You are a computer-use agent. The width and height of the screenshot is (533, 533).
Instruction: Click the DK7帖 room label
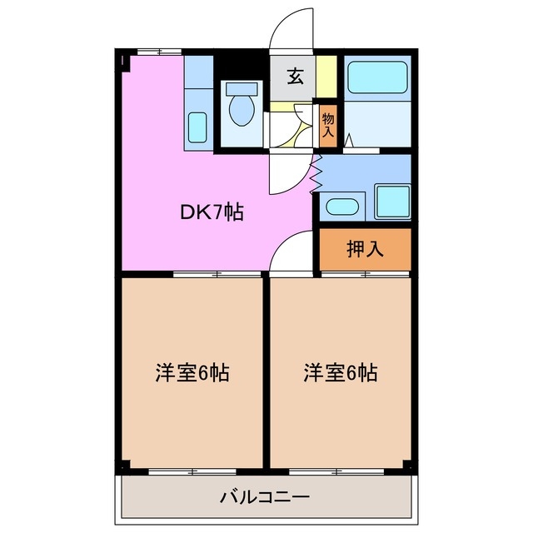pos(212,213)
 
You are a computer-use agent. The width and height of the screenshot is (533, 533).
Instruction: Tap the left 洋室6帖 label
pos(192,372)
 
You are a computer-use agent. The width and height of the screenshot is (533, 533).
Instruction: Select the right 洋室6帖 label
pos(339,372)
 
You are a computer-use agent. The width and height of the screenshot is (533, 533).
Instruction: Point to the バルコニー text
pos(265,497)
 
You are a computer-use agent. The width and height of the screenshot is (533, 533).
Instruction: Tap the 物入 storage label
pos(328,124)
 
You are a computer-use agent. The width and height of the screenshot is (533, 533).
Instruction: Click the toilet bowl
pos(242,112)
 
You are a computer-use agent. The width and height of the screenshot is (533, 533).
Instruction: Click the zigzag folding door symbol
pos(316,172)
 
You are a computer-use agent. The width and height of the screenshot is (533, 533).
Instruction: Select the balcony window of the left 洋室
pos(192,472)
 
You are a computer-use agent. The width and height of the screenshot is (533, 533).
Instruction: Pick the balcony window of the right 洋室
pos(340,472)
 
